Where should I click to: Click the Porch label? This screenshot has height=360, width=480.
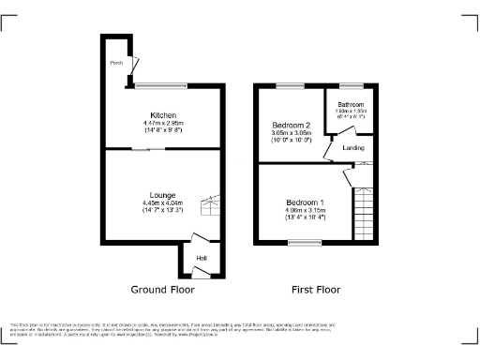point(116,65)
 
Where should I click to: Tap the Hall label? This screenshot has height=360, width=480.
point(201,259)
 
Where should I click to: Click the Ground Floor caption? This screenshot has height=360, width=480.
point(162,290)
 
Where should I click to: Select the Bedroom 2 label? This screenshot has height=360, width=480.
point(292,125)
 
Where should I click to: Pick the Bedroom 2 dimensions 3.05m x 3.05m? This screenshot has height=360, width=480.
point(292,133)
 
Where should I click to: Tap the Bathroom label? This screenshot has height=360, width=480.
point(351,104)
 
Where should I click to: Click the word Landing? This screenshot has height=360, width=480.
point(354,147)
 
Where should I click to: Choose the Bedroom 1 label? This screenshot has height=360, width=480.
point(306,202)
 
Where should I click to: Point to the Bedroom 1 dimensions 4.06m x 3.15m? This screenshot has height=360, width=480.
point(306,210)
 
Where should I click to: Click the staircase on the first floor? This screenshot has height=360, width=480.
point(363,211)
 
